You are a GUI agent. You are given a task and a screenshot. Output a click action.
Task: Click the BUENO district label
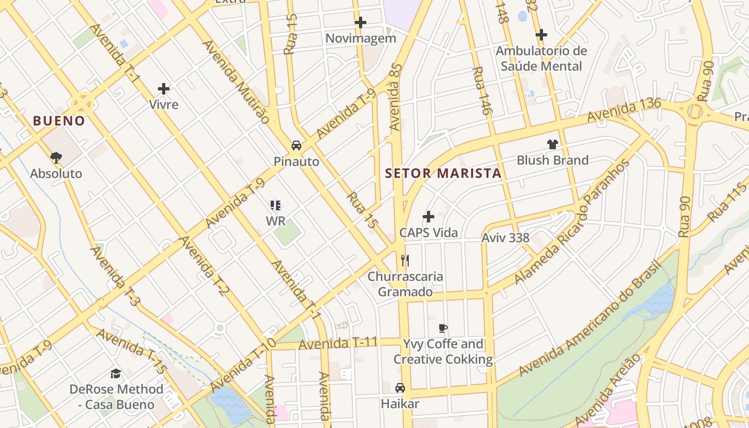[x=59, y=121]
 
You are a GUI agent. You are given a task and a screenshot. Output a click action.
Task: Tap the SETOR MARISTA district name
[x=443, y=173]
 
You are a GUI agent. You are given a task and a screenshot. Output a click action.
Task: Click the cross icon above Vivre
[x=164, y=89]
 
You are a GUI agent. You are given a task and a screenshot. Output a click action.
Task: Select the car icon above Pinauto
[x=296, y=146]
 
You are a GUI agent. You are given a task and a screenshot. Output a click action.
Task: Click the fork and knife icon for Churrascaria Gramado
[x=405, y=261]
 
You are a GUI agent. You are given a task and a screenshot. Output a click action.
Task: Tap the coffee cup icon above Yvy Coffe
[x=442, y=328]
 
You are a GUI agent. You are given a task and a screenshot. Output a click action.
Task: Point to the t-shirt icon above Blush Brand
[x=553, y=144]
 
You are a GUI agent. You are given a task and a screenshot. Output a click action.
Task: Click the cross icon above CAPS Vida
[x=429, y=217]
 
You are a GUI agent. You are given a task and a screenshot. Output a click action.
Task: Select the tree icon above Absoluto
[x=56, y=157]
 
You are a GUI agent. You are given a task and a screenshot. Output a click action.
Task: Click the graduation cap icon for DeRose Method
[x=116, y=373]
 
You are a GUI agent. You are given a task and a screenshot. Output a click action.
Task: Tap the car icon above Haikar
[x=400, y=388]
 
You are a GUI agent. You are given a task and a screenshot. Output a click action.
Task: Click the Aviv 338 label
[x=505, y=238]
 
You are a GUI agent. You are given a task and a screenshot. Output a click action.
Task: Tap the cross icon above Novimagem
[x=361, y=22]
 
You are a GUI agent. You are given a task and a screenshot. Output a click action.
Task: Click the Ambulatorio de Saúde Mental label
[x=541, y=58]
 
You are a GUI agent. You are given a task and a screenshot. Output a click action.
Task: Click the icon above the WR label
[x=276, y=205]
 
